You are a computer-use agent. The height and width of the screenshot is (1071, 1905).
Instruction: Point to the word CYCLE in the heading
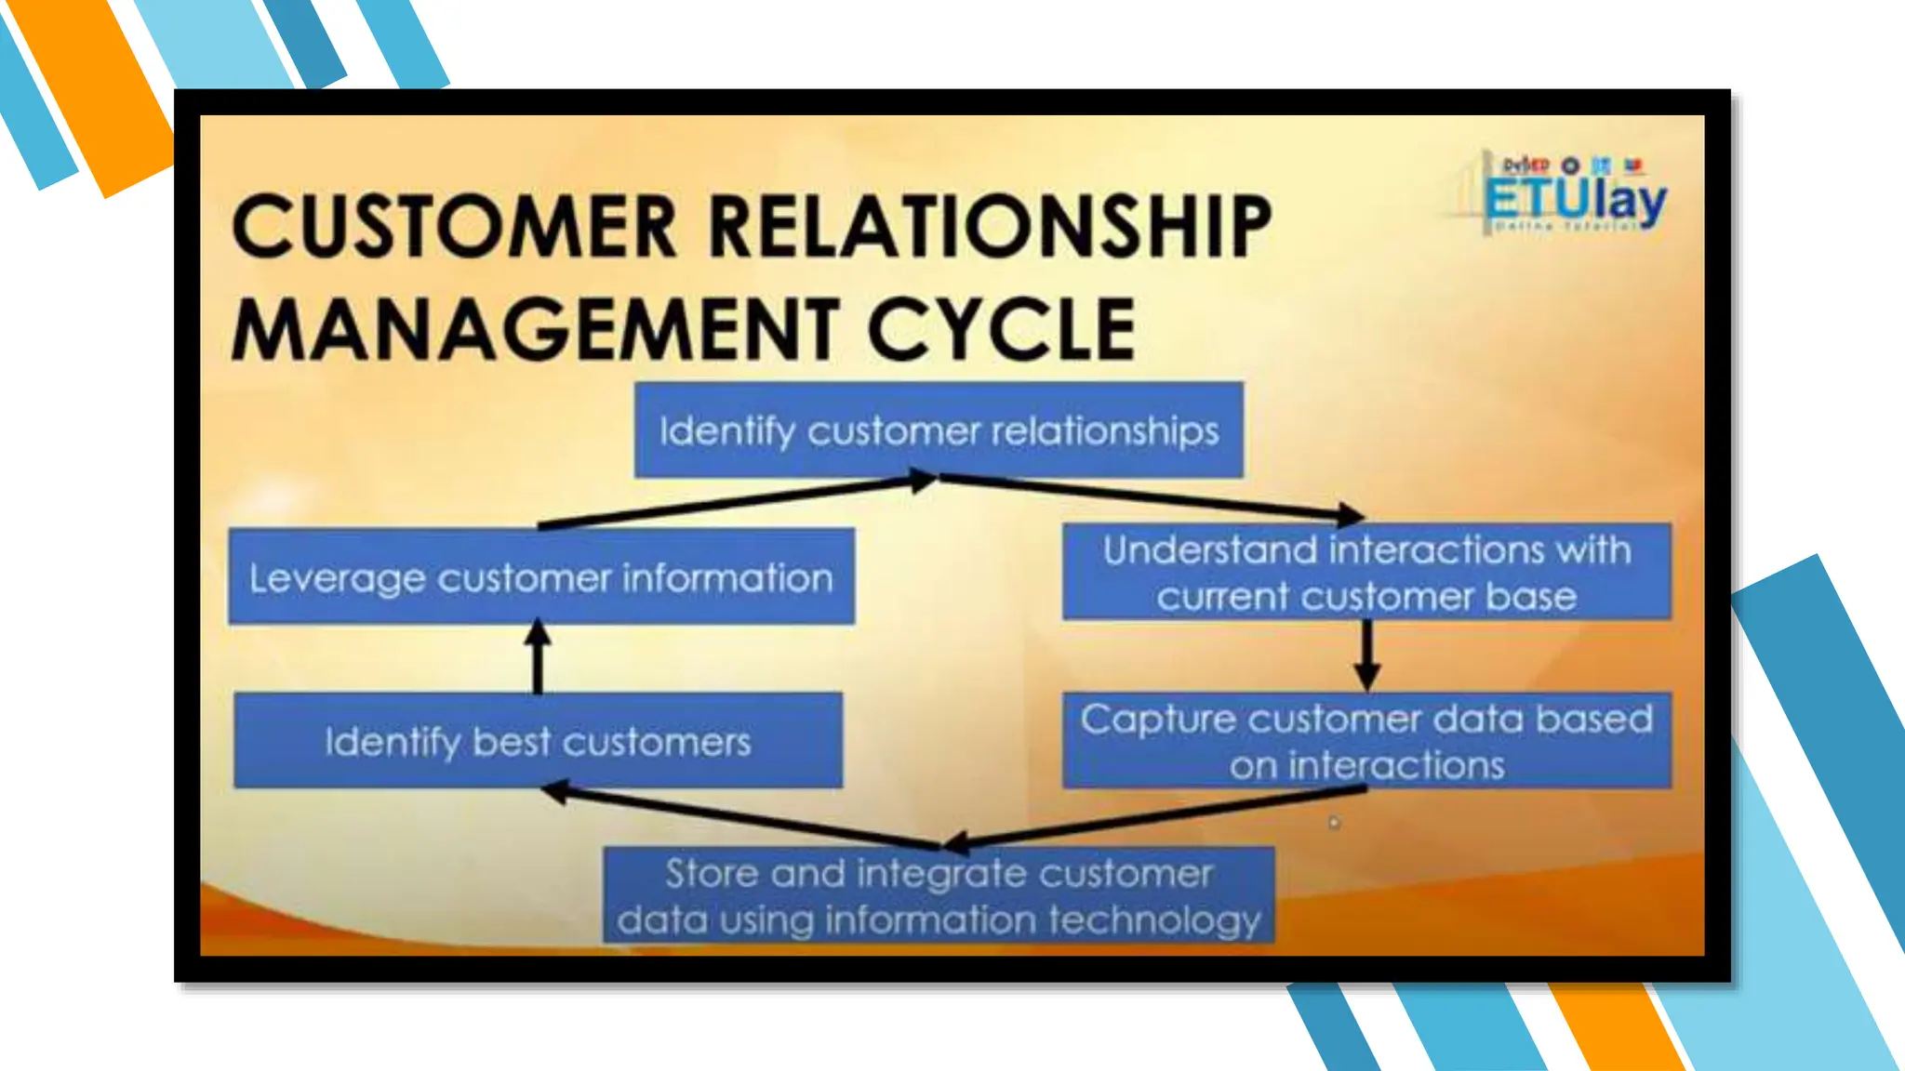coord(1002,330)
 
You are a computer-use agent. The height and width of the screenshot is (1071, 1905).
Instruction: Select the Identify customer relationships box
coord(939,430)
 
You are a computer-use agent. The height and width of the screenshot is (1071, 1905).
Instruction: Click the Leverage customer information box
coord(541,577)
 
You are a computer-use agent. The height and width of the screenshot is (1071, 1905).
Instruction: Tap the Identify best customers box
coord(538,741)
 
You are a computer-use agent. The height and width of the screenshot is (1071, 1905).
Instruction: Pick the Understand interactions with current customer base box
coord(1366,572)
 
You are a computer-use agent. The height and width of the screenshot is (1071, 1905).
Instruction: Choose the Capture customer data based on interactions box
coord(1366,741)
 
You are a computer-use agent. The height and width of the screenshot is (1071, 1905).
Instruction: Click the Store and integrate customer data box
coord(939,895)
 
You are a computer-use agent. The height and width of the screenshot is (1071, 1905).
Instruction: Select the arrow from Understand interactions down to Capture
coord(1366,654)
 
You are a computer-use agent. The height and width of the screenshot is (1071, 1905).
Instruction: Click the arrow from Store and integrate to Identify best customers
coord(744,817)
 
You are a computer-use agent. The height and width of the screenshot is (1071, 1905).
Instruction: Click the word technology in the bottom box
coord(1153,919)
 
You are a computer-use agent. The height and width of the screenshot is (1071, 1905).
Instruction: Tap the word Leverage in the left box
coord(337,579)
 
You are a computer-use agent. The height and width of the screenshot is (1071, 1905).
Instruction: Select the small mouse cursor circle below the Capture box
coord(1334,823)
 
